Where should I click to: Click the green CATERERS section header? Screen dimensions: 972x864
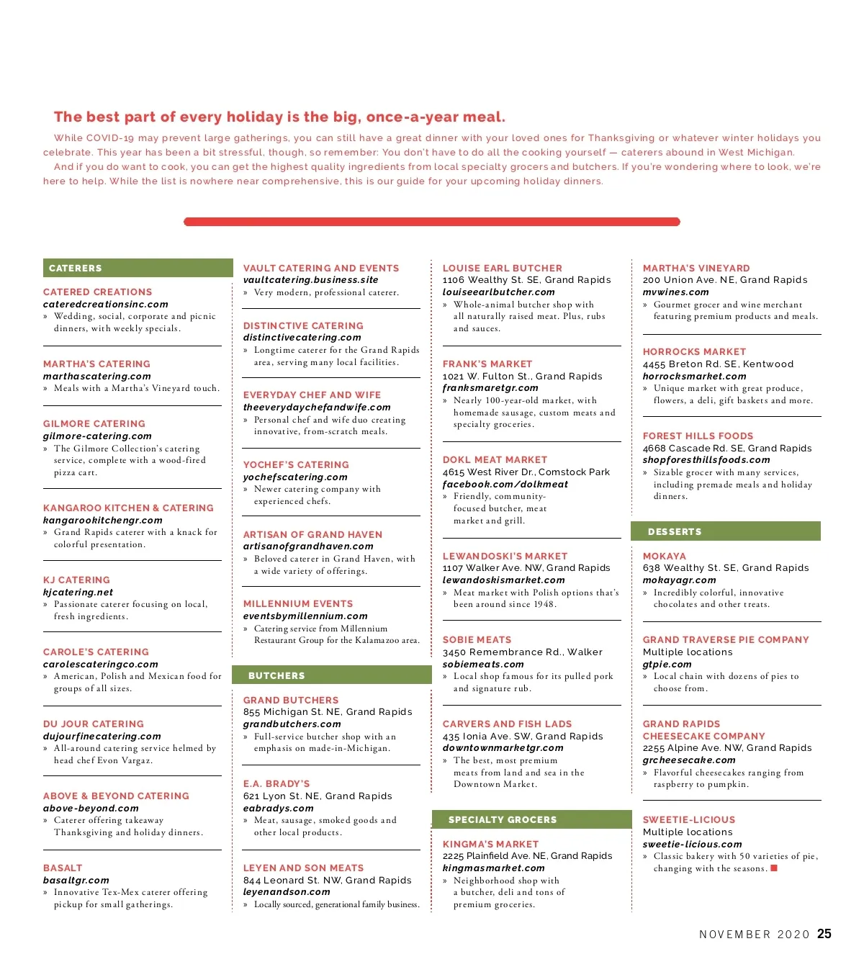tap(138, 268)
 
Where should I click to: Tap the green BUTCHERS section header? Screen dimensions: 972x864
tap(331, 675)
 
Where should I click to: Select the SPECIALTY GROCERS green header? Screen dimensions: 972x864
tap(531, 819)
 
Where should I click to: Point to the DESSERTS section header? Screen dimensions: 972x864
tap(725, 531)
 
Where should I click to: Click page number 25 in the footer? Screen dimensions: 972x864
tap(824, 934)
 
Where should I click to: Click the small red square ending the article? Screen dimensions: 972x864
tap(774, 868)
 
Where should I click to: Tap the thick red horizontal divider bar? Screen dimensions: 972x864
tap(432, 222)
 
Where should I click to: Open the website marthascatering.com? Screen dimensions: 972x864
tap(96, 376)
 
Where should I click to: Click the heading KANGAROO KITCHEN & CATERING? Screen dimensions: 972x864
tap(128, 508)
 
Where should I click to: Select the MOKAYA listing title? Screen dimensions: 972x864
tap(664, 556)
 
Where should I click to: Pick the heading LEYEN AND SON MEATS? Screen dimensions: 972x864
tap(303, 868)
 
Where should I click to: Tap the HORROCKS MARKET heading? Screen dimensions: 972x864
tap(694, 351)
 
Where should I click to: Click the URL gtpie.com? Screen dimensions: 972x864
tap(667, 664)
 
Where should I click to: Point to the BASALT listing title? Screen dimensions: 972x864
tap(63, 868)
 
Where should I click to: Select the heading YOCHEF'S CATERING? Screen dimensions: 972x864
tap(296, 464)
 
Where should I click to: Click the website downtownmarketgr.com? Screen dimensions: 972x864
tap(503, 747)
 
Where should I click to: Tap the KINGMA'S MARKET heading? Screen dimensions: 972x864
tap(490, 844)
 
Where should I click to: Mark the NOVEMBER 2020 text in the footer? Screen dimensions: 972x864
tap(755, 935)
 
